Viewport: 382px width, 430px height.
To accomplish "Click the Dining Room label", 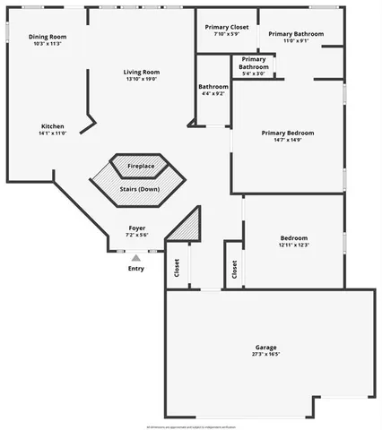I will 48,37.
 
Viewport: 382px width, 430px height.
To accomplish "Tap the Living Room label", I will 141,72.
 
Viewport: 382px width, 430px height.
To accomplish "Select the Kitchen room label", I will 52,125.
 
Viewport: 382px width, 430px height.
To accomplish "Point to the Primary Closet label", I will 227,28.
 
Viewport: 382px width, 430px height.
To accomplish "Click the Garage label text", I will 265,347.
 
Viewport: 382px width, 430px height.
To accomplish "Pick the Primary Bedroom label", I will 288,133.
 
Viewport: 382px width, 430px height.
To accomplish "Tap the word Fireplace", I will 140,167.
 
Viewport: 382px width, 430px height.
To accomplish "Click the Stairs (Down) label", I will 139,189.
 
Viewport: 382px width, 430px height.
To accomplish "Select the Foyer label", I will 136,228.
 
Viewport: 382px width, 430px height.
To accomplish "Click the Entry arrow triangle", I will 136,258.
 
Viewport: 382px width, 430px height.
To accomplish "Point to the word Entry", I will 136,269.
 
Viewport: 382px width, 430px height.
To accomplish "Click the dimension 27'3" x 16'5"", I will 265,354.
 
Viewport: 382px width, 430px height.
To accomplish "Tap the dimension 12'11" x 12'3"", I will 293,245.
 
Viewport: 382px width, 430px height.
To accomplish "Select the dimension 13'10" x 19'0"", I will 141,79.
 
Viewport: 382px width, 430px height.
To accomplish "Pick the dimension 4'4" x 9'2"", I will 213,93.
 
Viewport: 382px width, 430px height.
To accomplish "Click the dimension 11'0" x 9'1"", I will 289,40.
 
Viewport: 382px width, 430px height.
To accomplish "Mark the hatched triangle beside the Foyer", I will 186,226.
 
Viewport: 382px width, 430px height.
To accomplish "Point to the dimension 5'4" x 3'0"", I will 254,73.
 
